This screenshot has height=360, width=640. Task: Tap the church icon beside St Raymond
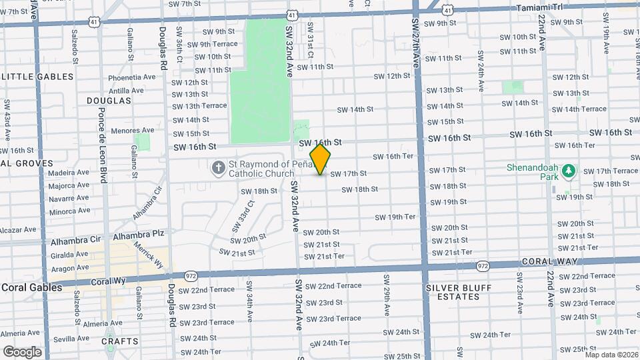pyautogui.click(x=217, y=168)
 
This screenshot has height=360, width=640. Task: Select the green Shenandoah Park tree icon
pyautogui.click(x=568, y=172)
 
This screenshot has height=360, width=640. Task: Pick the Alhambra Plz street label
pyautogui.click(x=139, y=235)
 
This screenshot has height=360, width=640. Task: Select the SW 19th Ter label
pyautogui.click(x=395, y=217)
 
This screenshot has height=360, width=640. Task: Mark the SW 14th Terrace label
pyautogui.click(x=579, y=109)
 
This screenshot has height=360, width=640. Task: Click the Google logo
pyautogui.click(x=22, y=351)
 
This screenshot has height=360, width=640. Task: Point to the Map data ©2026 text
pyautogui.click(x=611, y=355)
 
